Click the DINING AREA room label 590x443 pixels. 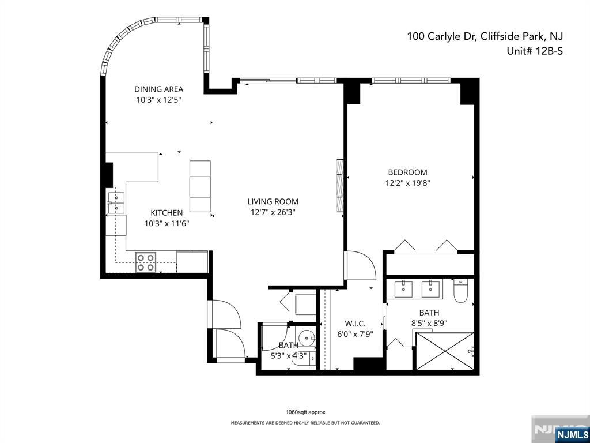[159, 89]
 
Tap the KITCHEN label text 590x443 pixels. [167, 213]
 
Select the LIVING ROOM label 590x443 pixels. [273, 201]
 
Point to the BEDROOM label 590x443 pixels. [407, 172]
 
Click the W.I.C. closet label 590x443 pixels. [355, 324]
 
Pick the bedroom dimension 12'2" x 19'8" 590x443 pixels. [408, 183]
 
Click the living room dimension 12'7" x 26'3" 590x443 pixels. [273, 212]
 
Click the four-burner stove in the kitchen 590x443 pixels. [146, 262]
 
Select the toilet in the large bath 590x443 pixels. [460, 291]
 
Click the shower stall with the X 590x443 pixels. [445, 351]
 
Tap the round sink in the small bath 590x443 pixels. [305, 336]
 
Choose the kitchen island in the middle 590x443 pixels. [200, 186]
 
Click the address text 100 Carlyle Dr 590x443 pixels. [440, 37]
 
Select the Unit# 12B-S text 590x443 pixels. [535, 51]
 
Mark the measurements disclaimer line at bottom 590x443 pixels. [305, 423]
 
